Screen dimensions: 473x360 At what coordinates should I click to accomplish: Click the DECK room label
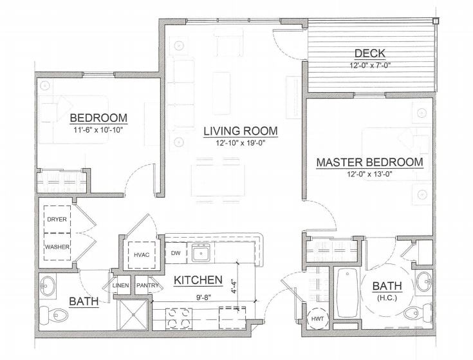coord(370,53)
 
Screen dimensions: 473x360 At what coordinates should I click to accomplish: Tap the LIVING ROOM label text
coord(241,131)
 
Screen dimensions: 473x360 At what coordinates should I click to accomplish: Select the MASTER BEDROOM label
coord(369,162)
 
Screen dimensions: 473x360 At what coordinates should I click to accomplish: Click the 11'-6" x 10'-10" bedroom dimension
coord(98,130)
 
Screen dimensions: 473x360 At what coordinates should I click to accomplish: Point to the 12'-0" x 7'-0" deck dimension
coord(370,65)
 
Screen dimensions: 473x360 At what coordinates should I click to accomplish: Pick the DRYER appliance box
coord(57,220)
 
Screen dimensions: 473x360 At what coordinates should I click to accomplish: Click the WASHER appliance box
coord(57,247)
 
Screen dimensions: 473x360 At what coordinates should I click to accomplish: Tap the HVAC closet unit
coord(142,255)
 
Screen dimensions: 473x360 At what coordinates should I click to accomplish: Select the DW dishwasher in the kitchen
coord(176,253)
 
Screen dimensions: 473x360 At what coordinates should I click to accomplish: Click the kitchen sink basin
coord(201,253)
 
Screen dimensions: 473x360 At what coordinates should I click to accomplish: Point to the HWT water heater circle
coord(318,319)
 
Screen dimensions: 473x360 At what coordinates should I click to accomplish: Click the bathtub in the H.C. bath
coord(348,292)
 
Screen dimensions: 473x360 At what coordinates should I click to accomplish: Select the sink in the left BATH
coord(48,286)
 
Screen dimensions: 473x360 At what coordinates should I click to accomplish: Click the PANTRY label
coord(147,285)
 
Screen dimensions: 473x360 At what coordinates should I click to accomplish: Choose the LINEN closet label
coord(121,285)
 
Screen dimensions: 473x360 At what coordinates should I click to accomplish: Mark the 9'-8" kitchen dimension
coord(203,298)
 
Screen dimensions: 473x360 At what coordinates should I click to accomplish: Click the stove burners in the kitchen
coord(179,319)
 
